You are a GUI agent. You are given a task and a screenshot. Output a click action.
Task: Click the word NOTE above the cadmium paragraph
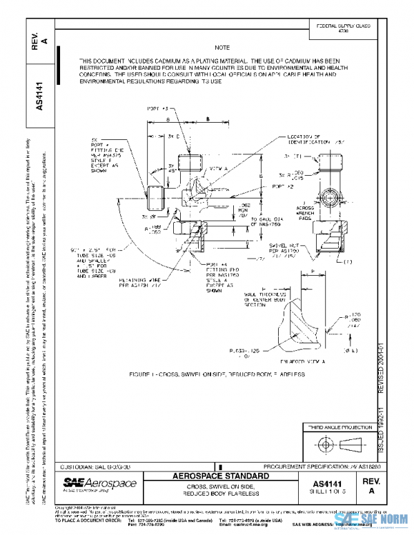pyautogui.click(x=222, y=48)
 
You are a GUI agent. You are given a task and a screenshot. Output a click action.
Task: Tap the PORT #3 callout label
pyautogui.click(x=158, y=109)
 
